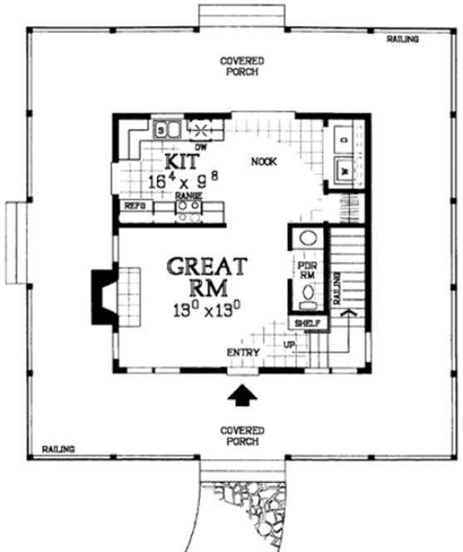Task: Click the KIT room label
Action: pos(181,160)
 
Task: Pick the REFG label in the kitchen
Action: pos(134,205)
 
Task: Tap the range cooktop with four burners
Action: pos(189,210)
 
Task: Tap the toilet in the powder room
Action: pos(307,293)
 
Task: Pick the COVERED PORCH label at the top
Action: pos(242,67)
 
